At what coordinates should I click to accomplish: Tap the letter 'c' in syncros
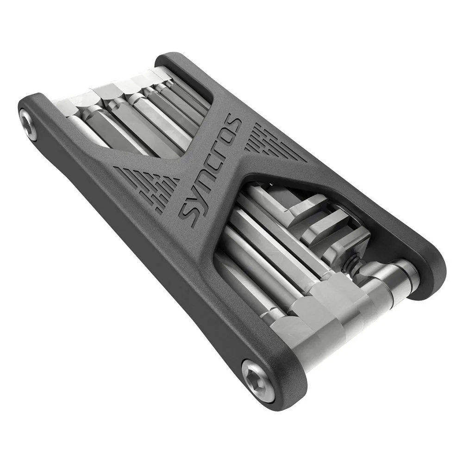tap(214, 164)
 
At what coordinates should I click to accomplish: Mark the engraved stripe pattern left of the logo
tap(147, 186)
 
